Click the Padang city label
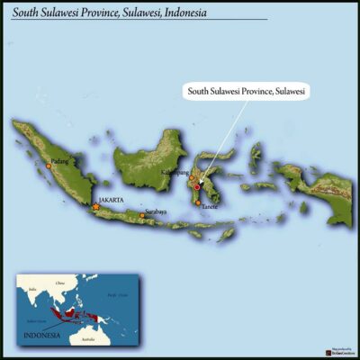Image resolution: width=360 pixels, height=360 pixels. point(60,161)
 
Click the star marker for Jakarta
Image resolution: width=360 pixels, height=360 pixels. point(96,207)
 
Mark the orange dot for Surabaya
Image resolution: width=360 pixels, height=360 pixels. point(141,216)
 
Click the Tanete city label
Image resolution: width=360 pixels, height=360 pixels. point(210,207)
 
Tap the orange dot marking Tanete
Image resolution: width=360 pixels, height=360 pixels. point(199,203)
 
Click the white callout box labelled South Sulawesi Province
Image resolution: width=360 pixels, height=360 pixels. point(246,92)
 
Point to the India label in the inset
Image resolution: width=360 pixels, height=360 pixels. point(32,289)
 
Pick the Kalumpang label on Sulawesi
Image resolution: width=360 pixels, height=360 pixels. point(199,171)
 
